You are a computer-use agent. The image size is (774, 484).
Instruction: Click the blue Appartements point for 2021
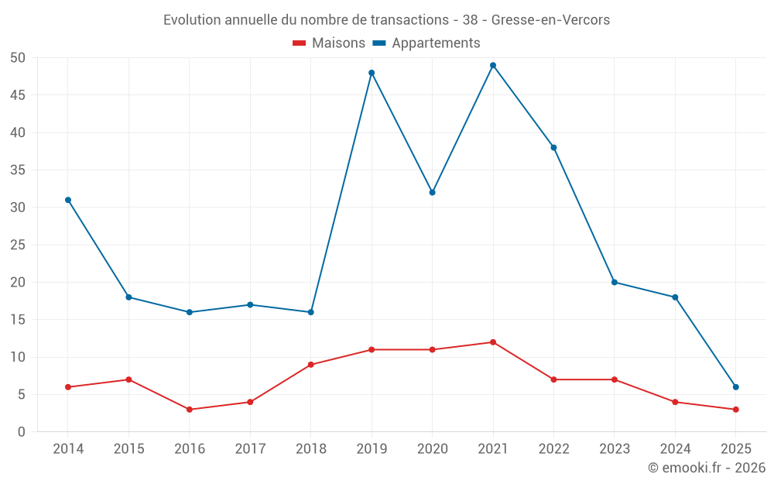coord(493,65)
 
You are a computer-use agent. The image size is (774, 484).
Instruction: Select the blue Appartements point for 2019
coord(372,73)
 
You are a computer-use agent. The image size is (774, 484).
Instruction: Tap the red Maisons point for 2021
coord(493,342)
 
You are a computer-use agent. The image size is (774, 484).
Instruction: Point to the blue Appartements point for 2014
coord(68,200)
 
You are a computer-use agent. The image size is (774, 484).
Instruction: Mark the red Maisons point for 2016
coord(190,410)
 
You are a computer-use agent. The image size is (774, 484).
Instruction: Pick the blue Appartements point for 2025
coord(736,387)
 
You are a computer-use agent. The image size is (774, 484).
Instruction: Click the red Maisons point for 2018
coord(311,365)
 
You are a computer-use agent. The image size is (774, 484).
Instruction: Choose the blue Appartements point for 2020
coord(433,192)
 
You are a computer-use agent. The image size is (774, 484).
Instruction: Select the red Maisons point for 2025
coord(736,410)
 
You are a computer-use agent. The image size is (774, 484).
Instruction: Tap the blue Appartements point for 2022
coord(554,147)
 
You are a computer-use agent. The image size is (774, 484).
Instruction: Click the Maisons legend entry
coord(329,43)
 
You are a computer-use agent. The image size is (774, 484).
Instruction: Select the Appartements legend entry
coord(426,43)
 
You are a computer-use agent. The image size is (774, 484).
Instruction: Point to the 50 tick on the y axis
coord(18,58)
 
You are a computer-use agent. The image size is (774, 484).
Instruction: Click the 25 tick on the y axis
coord(18,245)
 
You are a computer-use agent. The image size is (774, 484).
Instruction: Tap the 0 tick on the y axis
coord(22,432)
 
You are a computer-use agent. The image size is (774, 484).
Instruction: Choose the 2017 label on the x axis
coord(250,449)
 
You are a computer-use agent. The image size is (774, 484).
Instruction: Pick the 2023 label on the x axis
coord(615,449)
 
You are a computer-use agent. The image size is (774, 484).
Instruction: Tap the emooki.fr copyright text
coord(707,468)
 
